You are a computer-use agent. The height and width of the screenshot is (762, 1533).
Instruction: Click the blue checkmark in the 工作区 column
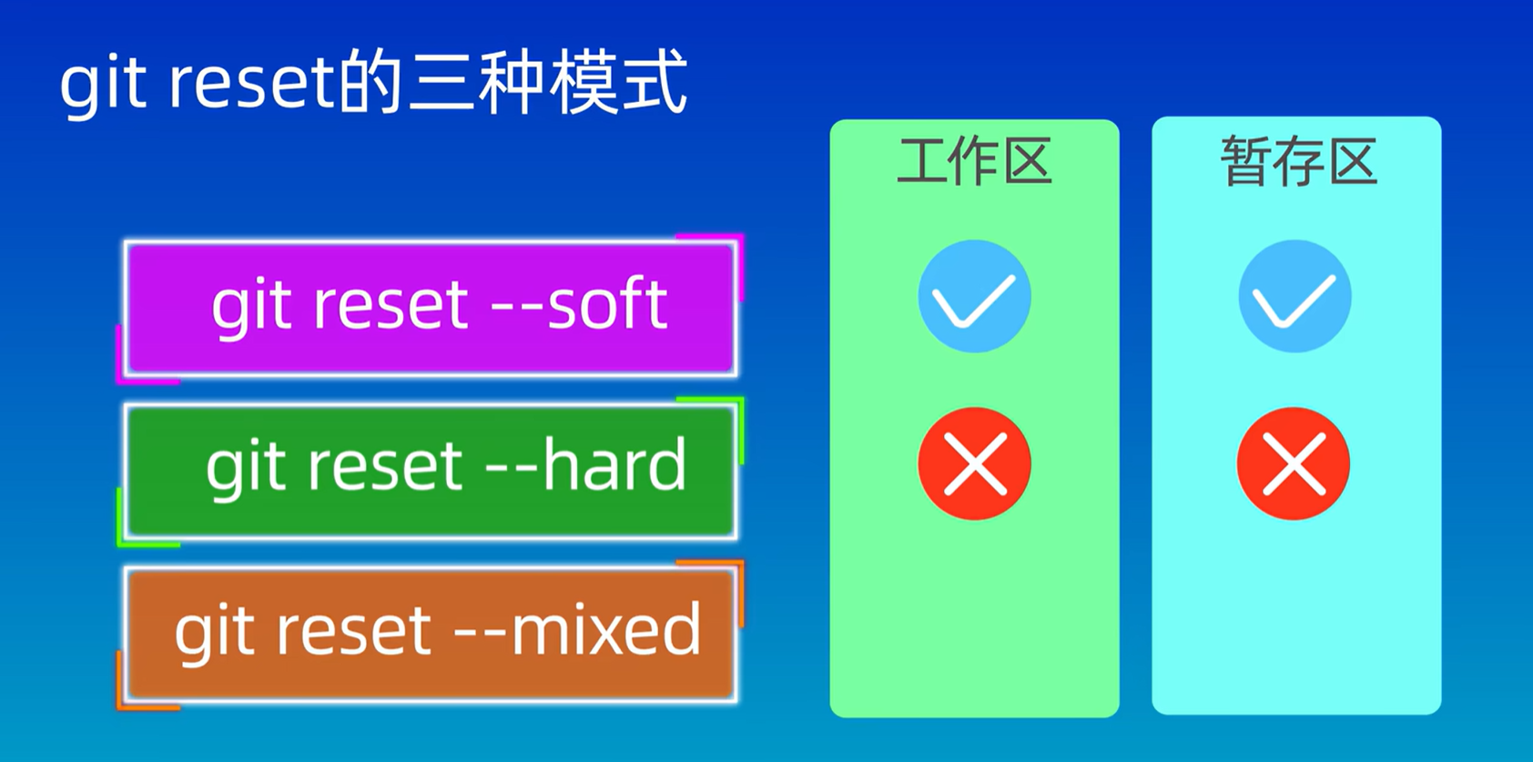[x=974, y=297]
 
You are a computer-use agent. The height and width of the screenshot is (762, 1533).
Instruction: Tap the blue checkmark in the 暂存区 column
[x=1294, y=297]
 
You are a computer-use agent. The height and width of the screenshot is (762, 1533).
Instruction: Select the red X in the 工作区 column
[x=974, y=464]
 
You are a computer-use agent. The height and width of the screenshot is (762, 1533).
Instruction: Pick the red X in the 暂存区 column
[x=1294, y=464]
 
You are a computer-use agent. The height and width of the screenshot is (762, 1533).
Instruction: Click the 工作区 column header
[x=974, y=162]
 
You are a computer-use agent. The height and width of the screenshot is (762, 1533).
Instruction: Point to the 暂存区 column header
[x=1298, y=162]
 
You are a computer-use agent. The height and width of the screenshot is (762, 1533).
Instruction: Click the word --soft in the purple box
[x=579, y=304]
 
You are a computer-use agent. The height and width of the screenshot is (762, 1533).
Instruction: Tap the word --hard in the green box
[x=586, y=466]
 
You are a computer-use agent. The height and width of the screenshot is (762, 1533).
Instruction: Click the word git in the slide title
[x=102, y=84]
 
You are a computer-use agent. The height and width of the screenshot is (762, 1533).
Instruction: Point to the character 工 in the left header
[x=921, y=162]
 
